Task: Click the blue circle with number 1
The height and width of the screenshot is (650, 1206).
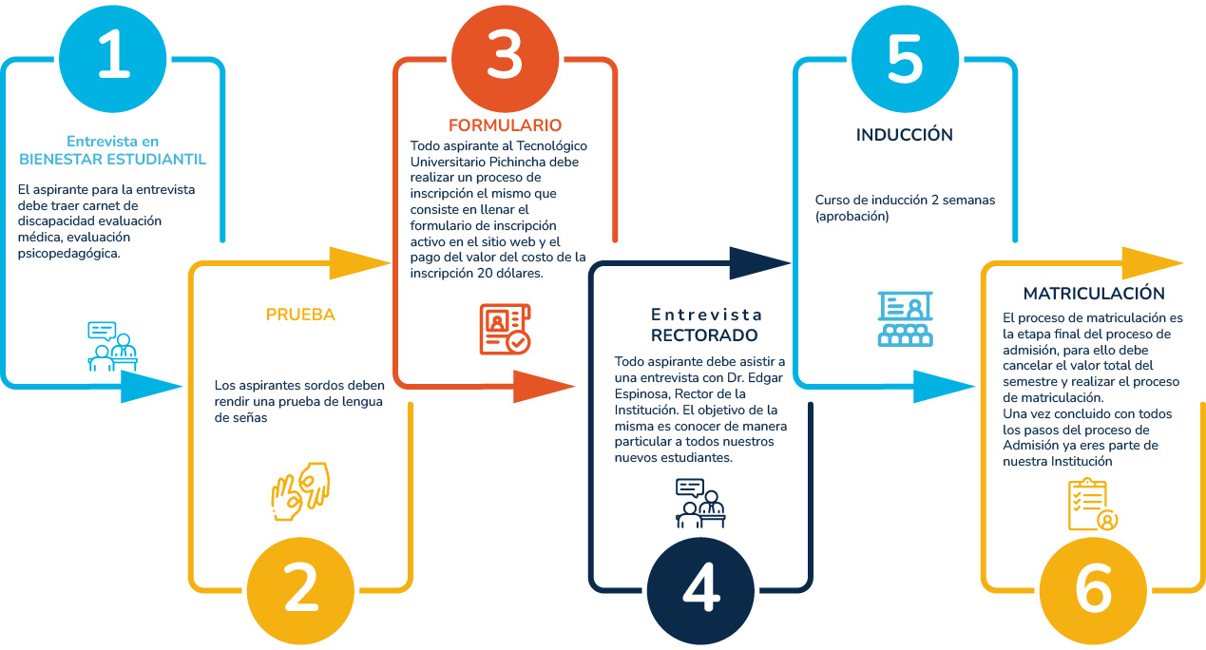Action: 112,58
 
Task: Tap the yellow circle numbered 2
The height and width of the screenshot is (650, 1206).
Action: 300,591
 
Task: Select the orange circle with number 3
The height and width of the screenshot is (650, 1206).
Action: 505,58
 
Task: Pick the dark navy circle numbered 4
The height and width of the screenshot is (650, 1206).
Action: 700,591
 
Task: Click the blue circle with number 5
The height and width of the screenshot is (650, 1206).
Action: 905,58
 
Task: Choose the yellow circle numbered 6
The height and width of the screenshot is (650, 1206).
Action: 1093,591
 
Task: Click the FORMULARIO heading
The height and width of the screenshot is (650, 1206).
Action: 505,124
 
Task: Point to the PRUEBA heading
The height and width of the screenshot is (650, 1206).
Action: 300,315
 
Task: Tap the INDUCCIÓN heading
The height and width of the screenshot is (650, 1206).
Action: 905,134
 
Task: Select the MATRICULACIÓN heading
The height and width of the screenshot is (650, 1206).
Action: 1094,293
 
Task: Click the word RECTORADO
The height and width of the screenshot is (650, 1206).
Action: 704,335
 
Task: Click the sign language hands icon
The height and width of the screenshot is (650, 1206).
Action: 300,491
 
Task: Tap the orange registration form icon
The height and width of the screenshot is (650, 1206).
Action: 505,329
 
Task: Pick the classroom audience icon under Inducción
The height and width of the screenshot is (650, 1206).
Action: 905,318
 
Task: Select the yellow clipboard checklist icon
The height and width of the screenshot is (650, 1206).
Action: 1093,504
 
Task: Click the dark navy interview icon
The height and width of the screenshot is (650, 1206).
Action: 700,503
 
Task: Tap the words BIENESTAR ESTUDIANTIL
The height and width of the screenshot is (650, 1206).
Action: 112,160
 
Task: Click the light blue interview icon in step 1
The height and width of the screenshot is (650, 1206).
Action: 112,347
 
